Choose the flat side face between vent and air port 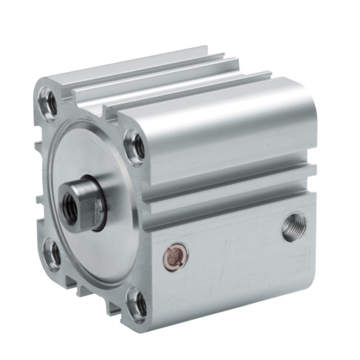coord(234,259)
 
